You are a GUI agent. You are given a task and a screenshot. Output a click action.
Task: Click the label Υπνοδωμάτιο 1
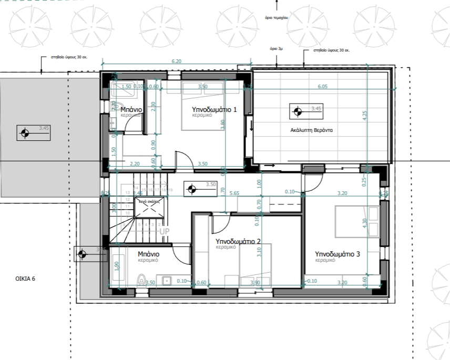pyautogui.click(x=213, y=109)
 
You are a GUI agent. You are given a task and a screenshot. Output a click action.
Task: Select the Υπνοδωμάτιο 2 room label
pyautogui.click(x=239, y=242)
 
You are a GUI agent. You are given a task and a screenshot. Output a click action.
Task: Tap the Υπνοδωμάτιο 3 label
pyautogui.click(x=337, y=254)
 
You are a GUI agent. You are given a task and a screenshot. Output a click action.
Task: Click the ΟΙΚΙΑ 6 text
pyautogui.click(x=25, y=278)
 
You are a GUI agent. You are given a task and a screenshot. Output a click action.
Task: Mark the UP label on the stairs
pyautogui.click(x=165, y=231)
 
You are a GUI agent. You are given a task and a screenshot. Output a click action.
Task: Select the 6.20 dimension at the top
pyautogui.click(x=176, y=61)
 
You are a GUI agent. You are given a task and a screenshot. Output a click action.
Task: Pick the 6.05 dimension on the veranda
pyautogui.click(x=322, y=86)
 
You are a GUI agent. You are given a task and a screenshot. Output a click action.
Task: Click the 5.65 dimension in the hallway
pyautogui.click(x=234, y=193)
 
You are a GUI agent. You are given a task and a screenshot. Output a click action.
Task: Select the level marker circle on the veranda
pyautogui.click(x=298, y=111)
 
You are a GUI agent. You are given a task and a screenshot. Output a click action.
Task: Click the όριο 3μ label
pyautogui.click(x=277, y=48)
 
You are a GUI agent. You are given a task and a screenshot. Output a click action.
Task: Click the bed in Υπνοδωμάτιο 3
pyautogui.click(x=357, y=221)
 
